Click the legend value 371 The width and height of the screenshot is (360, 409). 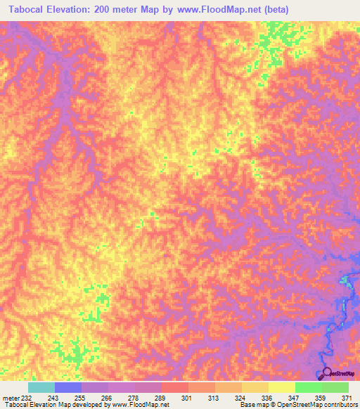(x=347, y=397)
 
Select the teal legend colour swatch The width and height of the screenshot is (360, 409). (x=41, y=387)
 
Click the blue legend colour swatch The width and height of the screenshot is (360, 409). (x=67, y=387)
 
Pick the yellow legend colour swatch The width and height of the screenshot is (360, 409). (x=281, y=387)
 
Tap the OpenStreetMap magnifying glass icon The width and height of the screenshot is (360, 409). (x=326, y=373)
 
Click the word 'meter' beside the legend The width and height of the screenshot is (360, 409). (x=10, y=397)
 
